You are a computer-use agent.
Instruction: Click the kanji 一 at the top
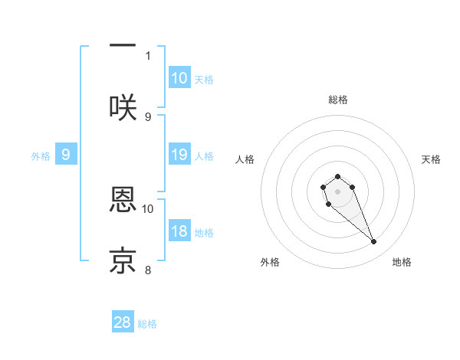tap(123, 46)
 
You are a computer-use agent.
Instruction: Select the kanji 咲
tap(123, 106)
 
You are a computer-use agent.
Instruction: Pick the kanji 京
tap(123, 260)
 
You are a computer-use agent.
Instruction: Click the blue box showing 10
tap(179, 78)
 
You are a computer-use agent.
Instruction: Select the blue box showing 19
tap(179, 155)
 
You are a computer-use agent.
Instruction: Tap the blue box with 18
tap(179, 232)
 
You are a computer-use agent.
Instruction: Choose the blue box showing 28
tap(123, 322)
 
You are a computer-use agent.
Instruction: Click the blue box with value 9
tap(66, 155)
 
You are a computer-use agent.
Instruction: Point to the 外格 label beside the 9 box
tap(41, 155)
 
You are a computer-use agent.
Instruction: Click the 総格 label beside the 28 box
tap(147, 323)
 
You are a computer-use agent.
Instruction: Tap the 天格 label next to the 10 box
tap(204, 79)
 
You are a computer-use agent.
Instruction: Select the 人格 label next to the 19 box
tap(204, 155)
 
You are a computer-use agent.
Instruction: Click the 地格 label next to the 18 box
tap(204, 233)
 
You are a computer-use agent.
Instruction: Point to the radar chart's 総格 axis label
tap(338, 100)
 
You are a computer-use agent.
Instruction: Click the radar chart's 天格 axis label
tap(431, 159)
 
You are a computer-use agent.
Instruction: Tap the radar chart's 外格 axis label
tap(270, 262)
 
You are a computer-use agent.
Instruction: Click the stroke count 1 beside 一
tap(148, 55)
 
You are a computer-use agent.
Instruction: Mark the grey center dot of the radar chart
tap(337, 191)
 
